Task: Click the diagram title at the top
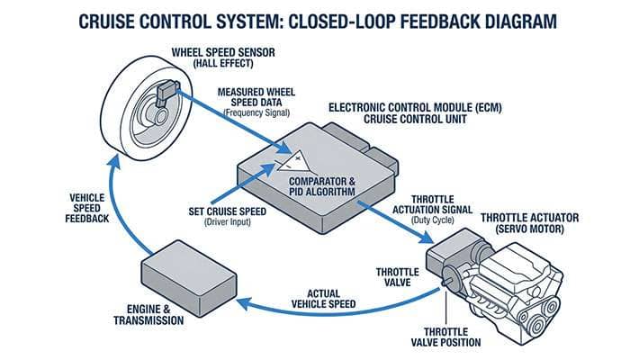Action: point(315,19)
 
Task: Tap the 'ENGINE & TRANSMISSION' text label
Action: point(148,314)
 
